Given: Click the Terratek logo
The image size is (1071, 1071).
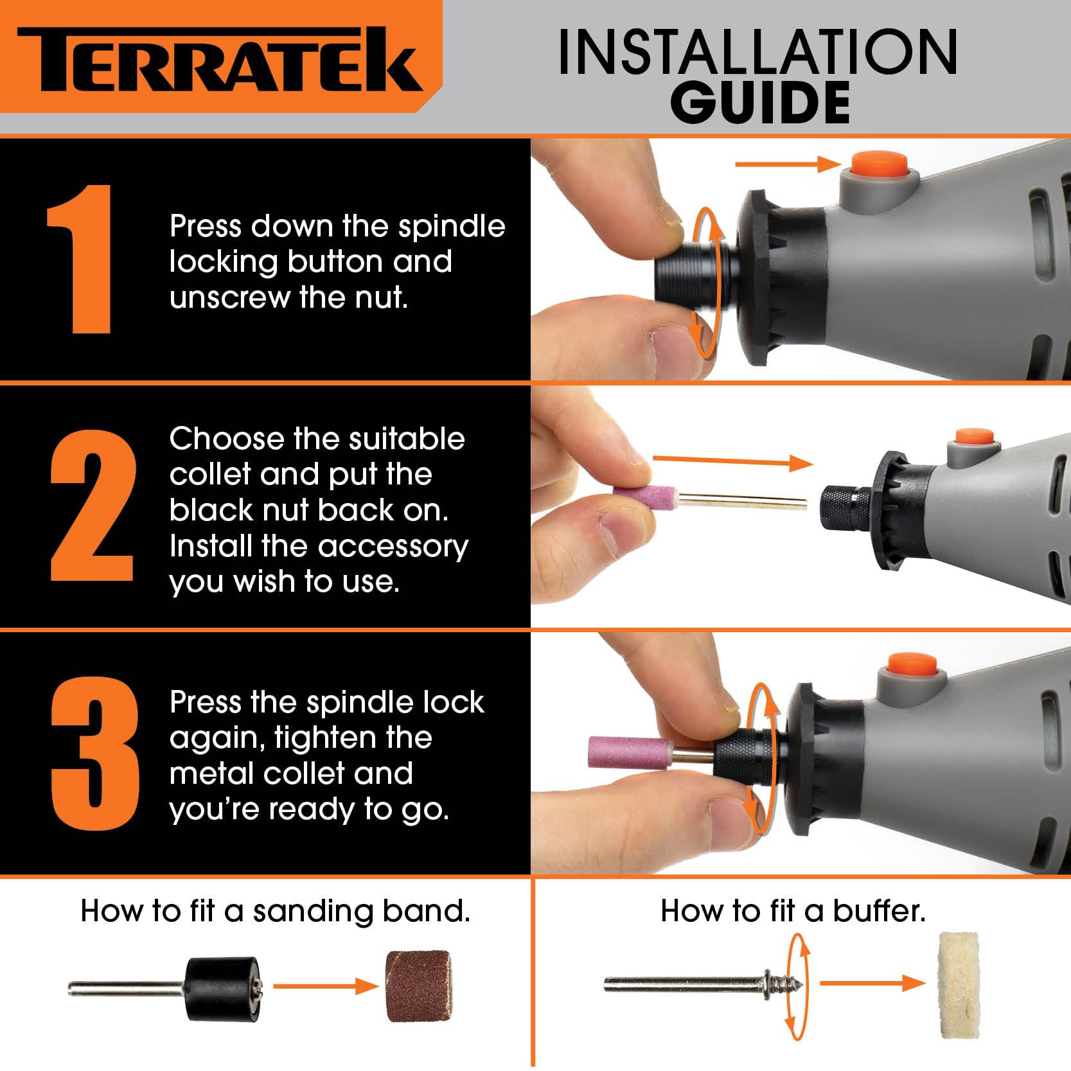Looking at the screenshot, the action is point(220,59).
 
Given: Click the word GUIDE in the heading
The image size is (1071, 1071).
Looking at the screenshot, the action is point(761,102).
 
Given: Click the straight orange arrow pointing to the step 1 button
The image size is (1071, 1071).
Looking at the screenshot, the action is point(788,164).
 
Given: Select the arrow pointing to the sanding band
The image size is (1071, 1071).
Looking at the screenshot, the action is point(326,986).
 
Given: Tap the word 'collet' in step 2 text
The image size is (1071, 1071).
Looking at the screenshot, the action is point(211,474).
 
